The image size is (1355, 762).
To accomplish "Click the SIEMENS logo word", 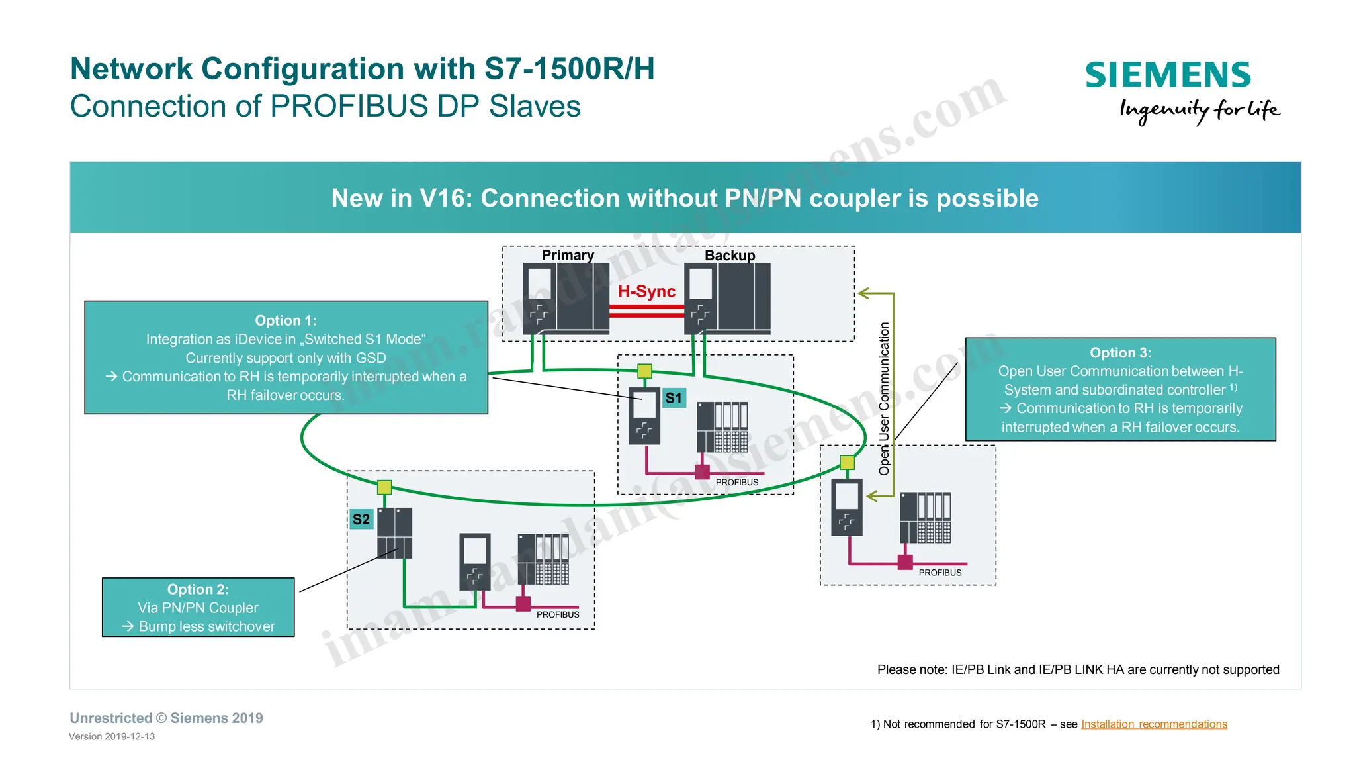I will coord(1168,75).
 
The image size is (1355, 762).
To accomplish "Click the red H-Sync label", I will coord(646,291).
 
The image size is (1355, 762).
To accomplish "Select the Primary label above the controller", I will coord(568,255).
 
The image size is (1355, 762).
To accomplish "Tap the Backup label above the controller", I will coord(730,255).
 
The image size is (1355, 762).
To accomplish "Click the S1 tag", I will coord(674,398).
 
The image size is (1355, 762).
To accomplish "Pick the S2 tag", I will coord(361,519).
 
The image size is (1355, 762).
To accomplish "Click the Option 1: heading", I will coord(286,320).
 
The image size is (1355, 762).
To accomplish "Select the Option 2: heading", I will coord(198,589).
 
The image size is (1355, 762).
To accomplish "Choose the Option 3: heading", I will coord(1120,353).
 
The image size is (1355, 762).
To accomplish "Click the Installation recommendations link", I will coord(1154,724).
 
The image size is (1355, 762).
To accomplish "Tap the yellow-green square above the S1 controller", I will coord(644,371).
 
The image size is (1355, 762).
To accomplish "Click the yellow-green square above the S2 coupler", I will coord(384,488).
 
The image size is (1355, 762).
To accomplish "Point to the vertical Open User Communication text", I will coord(884,399).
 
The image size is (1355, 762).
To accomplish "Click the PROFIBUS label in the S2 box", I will coord(558,615).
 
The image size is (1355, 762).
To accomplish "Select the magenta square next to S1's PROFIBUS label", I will coord(702,472).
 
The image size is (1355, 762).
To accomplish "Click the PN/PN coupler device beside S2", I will coord(394,533).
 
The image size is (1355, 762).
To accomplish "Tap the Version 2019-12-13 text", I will coord(112,736).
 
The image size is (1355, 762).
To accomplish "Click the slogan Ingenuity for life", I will coord(1199,110).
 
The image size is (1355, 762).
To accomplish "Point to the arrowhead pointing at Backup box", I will coord(863,293).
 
